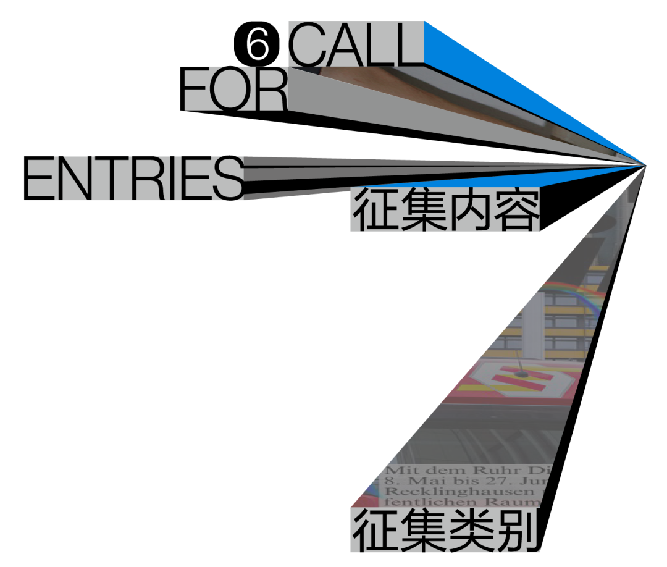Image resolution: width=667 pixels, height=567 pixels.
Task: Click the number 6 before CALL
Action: (x=258, y=44)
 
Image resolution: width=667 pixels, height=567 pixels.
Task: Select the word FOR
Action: (x=234, y=90)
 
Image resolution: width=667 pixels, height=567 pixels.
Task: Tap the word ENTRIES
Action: (x=135, y=179)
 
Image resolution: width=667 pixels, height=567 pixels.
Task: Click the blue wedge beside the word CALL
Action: (x=469, y=56)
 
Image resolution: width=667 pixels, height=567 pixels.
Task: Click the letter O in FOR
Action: (x=233, y=90)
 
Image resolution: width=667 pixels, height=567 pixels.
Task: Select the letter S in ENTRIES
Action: (x=230, y=179)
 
